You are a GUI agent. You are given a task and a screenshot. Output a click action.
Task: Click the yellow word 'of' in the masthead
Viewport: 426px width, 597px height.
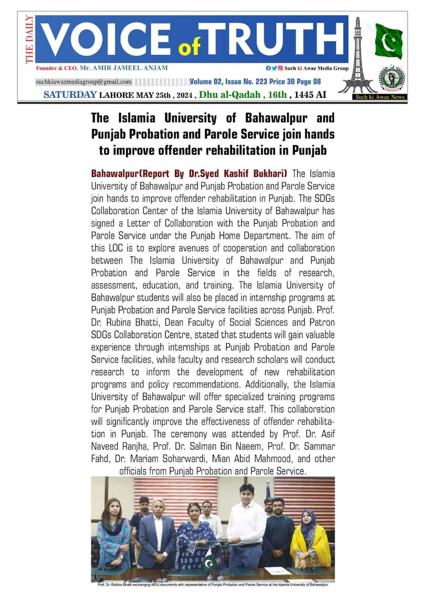pos(190,47)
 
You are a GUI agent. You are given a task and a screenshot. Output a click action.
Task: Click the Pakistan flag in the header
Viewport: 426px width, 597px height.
pos(389,41)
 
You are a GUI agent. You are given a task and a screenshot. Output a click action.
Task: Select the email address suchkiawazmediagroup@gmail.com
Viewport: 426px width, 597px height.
pos(84,82)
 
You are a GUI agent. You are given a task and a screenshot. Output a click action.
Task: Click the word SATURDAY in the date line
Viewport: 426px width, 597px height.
pos(70,95)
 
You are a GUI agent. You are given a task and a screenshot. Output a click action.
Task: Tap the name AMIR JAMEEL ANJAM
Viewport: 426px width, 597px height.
pos(123,68)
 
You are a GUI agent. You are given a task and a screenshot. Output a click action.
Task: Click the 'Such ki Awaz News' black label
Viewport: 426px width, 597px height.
pos(380,97)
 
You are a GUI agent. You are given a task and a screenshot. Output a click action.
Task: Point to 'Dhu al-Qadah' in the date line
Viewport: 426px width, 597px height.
pos(229,95)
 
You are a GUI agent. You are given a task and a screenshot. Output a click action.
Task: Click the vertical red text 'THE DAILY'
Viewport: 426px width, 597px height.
pos(29,39)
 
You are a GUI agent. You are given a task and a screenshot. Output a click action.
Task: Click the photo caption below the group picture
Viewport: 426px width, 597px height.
pos(213,584)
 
